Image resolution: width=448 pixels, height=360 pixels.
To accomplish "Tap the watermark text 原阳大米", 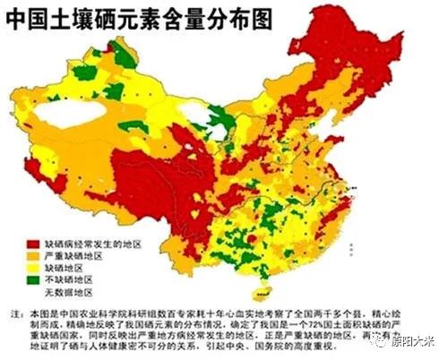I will (x=414, y=341).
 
